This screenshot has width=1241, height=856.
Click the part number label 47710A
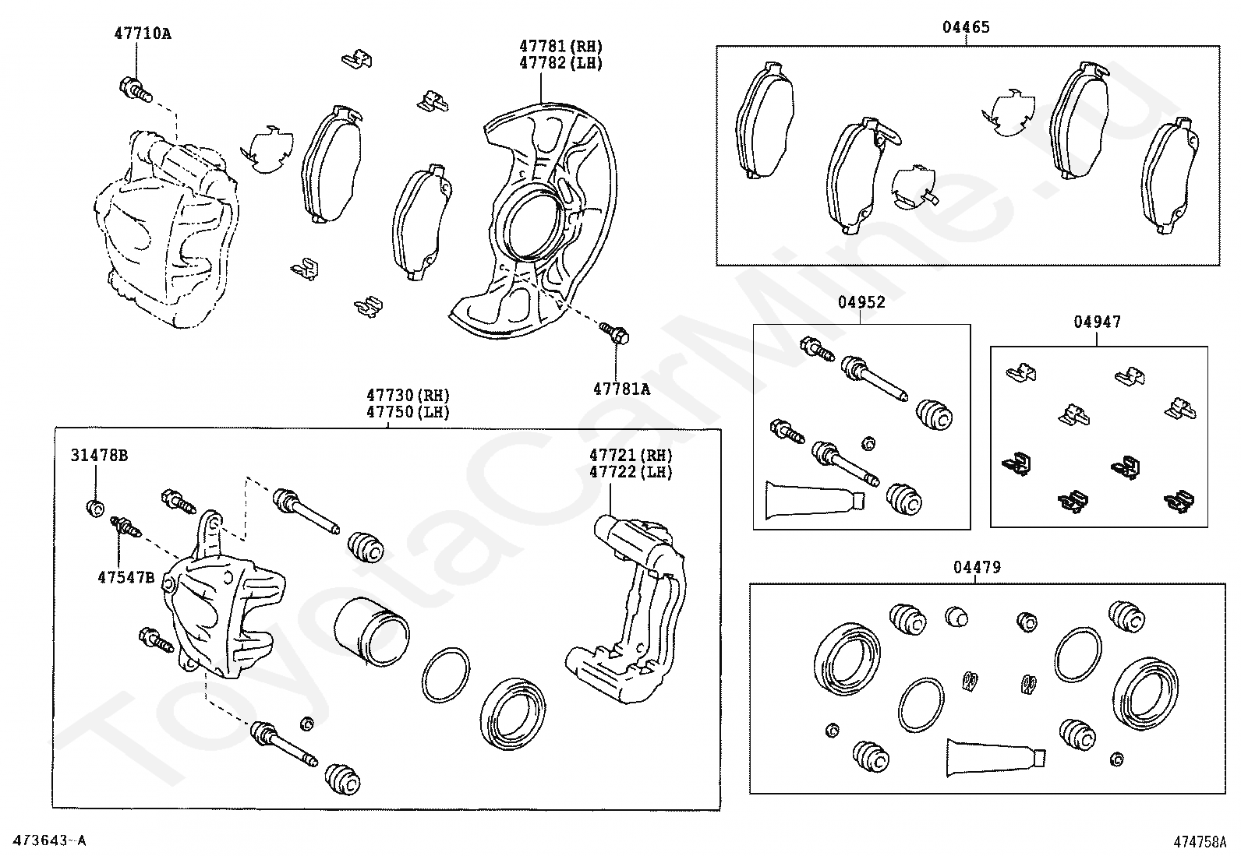point(142,33)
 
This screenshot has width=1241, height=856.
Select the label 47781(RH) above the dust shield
point(561,47)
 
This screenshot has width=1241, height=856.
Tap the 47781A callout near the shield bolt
point(620,388)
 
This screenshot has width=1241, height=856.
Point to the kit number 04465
point(966,27)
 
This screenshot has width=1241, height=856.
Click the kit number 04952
point(861,302)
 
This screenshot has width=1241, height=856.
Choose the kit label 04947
point(1097,322)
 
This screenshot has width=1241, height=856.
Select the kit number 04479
point(976,568)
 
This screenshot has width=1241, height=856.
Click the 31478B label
point(99,456)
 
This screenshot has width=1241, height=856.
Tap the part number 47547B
point(126,577)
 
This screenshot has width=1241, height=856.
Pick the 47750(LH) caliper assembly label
point(410,412)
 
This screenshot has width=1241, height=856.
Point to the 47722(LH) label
point(630,472)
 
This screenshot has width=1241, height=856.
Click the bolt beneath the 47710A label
point(134,90)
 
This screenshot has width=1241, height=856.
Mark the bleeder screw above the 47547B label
point(126,527)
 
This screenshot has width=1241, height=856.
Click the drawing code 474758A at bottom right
point(1200,842)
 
